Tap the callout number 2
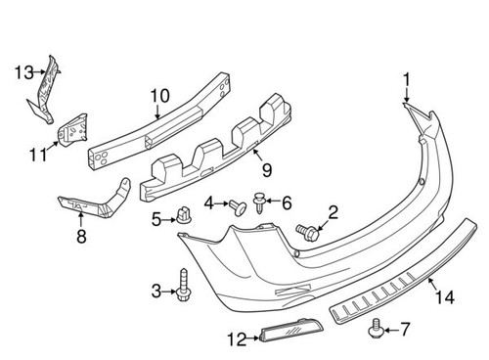333,210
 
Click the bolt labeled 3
185,285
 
